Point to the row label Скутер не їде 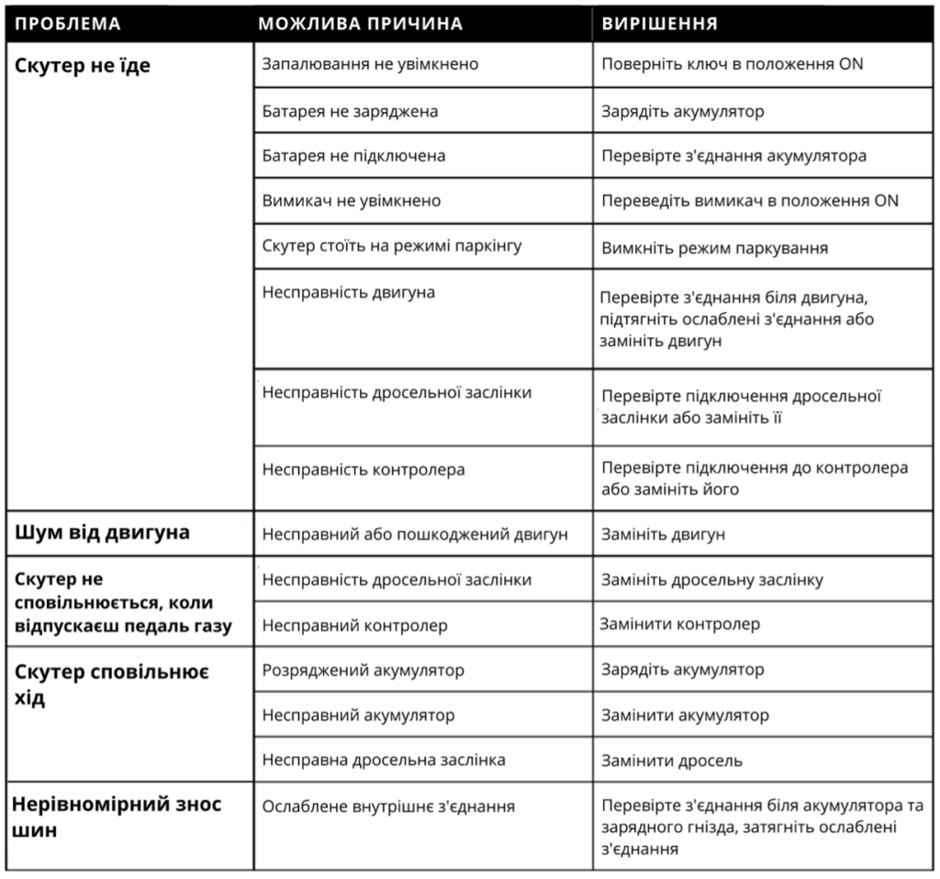tap(84, 66)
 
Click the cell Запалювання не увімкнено tap(370, 65)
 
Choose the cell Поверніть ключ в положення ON tap(732, 65)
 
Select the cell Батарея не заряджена tap(350, 111)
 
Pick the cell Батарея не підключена tap(353, 156)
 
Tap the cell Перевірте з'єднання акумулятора tap(733, 156)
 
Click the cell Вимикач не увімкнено tap(352, 201)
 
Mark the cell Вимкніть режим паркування tap(715, 248)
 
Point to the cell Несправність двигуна tap(349, 293)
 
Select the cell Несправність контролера tap(364, 470)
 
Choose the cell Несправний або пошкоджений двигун tap(416, 534)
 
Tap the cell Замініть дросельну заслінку tap(712, 580)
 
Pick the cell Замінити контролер tap(680, 625)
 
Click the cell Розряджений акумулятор tap(364, 671)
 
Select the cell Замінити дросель tap(672, 761)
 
